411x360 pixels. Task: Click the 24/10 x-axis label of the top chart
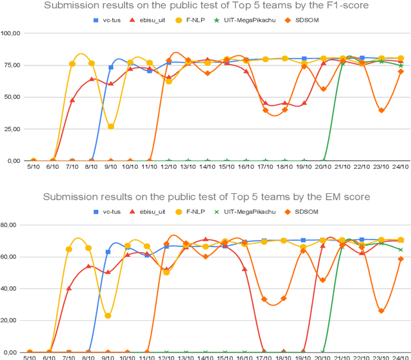(x=400, y=167)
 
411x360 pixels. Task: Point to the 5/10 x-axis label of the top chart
(x=33, y=167)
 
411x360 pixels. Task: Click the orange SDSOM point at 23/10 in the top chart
(x=381, y=110)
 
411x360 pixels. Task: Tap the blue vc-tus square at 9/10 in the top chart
(x=110, y=67)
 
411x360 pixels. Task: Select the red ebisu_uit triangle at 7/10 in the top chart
(x=72, y=100)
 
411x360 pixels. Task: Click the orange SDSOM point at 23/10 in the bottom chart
(x=381, y=311)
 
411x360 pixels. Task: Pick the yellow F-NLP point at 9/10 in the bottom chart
(x=108, y=316)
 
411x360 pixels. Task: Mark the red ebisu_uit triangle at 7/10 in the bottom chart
(x=69, y=288)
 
